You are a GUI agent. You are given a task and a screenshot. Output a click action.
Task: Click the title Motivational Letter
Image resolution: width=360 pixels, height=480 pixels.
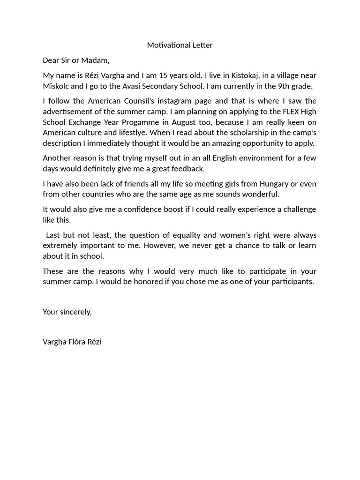[x=180, y=45]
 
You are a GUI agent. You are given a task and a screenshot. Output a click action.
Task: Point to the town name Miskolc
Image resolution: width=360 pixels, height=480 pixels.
[x=56, y=86]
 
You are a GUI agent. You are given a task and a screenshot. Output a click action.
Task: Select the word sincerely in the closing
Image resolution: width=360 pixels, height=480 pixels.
[x=75, y=312]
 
